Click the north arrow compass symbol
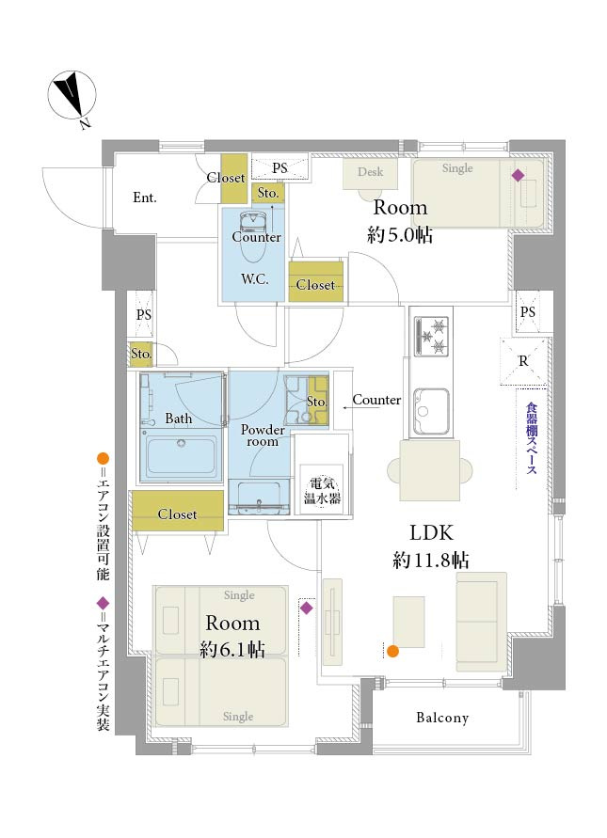[x=72, y=95]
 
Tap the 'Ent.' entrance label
[x=144, y=198]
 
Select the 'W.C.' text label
[x=255, y=279]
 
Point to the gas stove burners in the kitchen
[x=431, y=335]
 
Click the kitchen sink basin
[x=430, y=410]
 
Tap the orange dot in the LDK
[x=392, y=651]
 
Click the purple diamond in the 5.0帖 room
[x=518, y=175]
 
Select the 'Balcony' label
[x=442, y=718]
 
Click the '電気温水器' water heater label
[x=322, y=491]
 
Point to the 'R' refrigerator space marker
[x=523, y=361]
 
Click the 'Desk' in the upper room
[x=370, y=172]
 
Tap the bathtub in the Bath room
[x=182, y=455]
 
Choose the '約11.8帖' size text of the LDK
[x=431, y=561]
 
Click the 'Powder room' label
[x=263, y=435]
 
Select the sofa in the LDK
[x=481, y=622]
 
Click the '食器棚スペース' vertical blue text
[x=531, y=437]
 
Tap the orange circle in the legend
[x=103, y=458]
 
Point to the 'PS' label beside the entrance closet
[x=280, y=167]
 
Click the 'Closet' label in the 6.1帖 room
[x=177, y=514]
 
